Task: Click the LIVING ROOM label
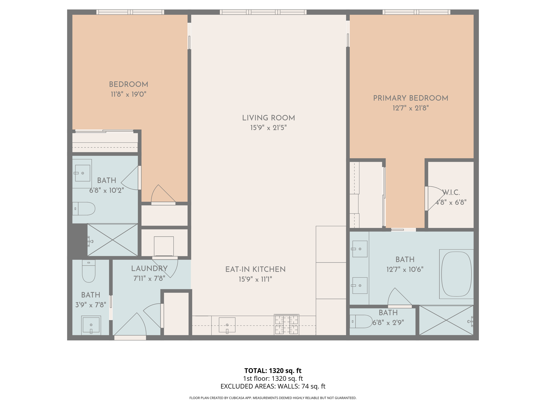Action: pyautogui.click(x=268, y=118)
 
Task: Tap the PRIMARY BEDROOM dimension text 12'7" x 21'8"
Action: pyautogui.click(x=410, y=108)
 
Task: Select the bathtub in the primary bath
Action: pyautogui.click(x=456, y=274)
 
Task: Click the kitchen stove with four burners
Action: pyautogui.click(x=286, y=324)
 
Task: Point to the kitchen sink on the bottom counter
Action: pyautogui.click(x=227, y=325)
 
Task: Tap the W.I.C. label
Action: pyautogui.click(x=451, y=193)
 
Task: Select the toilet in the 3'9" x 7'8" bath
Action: pyautogui.click(x=89, y=271)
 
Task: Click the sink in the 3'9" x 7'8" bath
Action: pyautogui.click(x=91, y=325)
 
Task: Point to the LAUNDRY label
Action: pyautogui.click(x=149, y=269)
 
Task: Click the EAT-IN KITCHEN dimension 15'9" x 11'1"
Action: pyautogui.click(x=255, y=279)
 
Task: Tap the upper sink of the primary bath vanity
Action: pyautogui.click(x=360, y=249)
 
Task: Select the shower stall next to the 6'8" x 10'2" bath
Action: pyautogui.click(x=113, y=240)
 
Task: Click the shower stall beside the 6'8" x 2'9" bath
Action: pyautogui.click(x=446, y=320)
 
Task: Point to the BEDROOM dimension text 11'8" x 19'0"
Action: pyautogui.click(x=129, y=94)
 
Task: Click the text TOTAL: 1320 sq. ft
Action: pyautogui.click(x=273, y=371)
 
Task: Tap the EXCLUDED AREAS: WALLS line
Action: pyautogui.click(x=273, y=386)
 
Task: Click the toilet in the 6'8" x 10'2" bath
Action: pyautogui.click(x=84, y=208)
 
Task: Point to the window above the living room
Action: pyautogui.click(x=263, y=12)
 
